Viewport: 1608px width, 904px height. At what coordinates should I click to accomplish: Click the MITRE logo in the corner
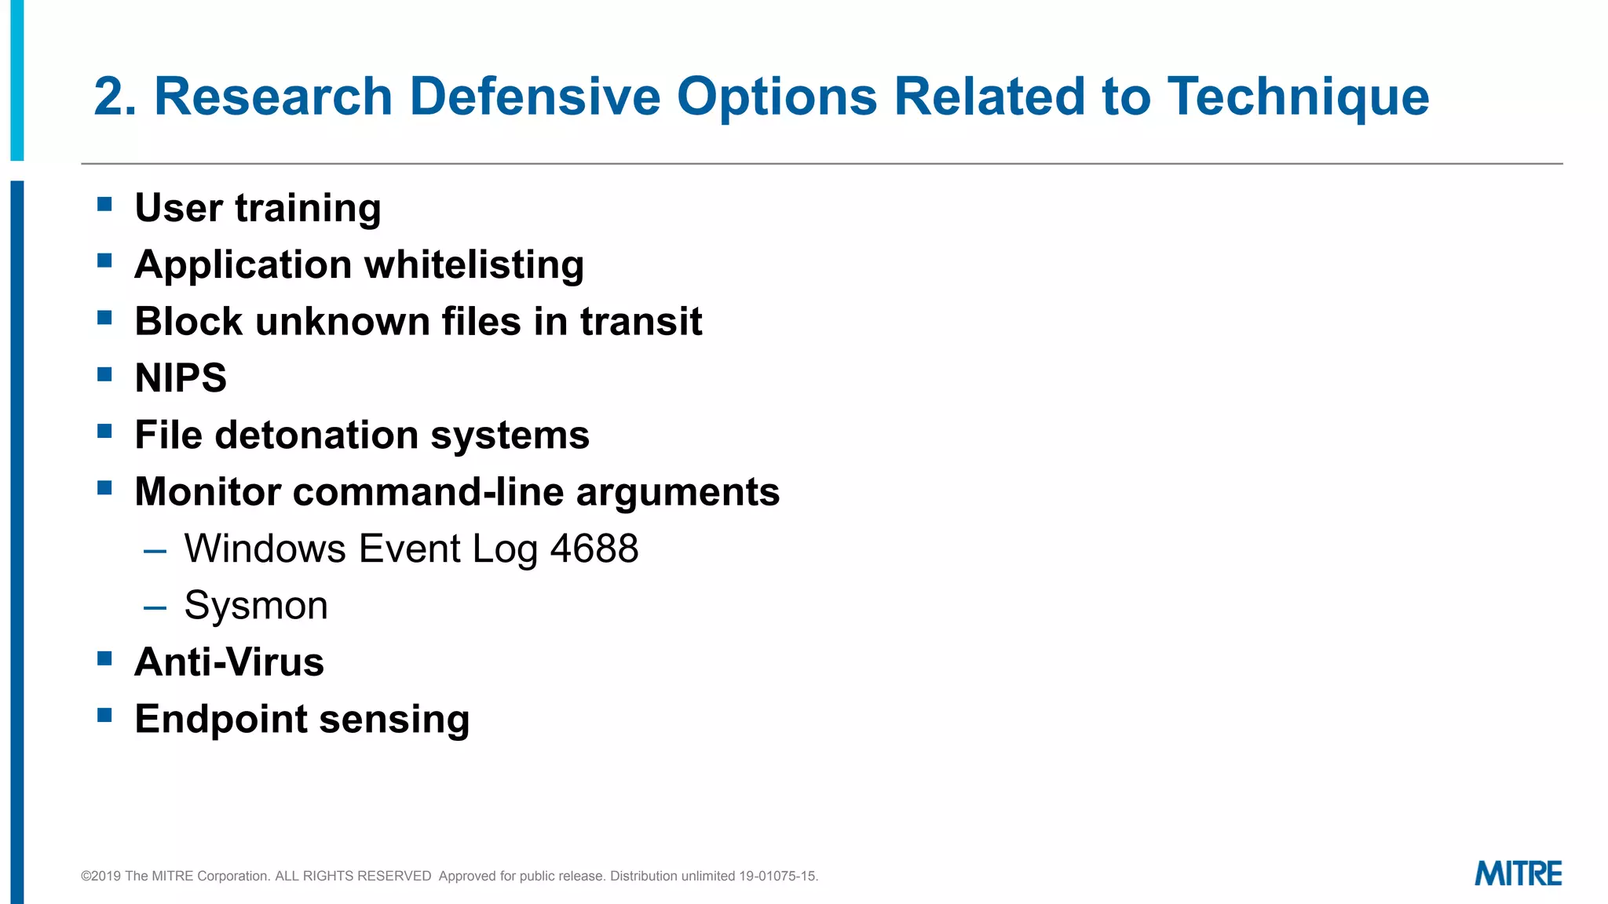(x=1518, y=873)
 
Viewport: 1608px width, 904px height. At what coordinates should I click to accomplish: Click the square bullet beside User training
(x=104, y=205)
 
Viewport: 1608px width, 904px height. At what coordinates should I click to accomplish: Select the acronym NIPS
(x=181, y=378)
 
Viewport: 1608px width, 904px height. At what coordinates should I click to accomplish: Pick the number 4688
(x=594, y=549)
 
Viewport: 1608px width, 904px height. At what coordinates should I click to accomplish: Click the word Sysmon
(x=256, y=606)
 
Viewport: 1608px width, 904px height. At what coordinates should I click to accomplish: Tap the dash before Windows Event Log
(x=155, y=552)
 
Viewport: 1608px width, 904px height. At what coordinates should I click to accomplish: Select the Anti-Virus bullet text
(x=229, y=662)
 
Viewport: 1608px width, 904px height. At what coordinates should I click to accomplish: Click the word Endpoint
(x=221, y=720)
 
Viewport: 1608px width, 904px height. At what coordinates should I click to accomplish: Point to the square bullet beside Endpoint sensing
(x=104, y=715)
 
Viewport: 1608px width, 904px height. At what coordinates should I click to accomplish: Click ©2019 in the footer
(x=100, y=876)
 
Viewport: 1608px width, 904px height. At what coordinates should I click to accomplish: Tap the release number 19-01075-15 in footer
(x=777, y=876)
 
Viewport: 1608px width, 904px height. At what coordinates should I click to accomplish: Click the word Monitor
(x=207, y=492)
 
